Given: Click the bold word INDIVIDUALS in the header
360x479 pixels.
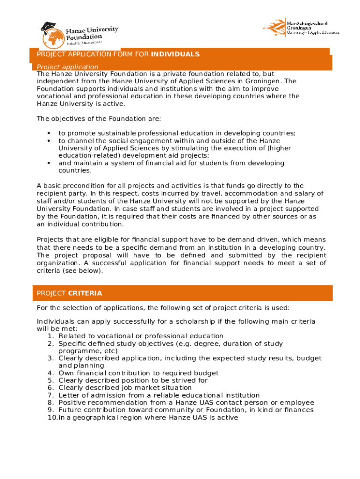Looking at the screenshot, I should [x=175, y=54].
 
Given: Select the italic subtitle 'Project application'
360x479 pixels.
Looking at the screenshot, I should [x=68, y=67].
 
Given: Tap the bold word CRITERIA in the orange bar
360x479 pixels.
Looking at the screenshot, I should [x=85, y=293].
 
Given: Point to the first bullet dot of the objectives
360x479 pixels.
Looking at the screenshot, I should [x=49, y=133].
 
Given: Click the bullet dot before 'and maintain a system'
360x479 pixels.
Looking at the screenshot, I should [x=49, y=163].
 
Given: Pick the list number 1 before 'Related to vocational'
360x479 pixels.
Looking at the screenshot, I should [x=50, y=336].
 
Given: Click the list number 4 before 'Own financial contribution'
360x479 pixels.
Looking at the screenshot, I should [x=50, y=373].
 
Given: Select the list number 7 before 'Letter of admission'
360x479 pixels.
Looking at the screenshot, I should [x=50, y=395].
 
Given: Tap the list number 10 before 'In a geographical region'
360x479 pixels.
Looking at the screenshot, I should [x=52, y=418].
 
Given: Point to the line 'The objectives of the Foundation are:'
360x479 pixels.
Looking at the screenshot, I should [x=99, y=118].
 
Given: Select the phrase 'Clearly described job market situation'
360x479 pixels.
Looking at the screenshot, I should [x=125, y=388].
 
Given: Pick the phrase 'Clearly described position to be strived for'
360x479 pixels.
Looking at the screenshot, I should [x=133, y=380].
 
